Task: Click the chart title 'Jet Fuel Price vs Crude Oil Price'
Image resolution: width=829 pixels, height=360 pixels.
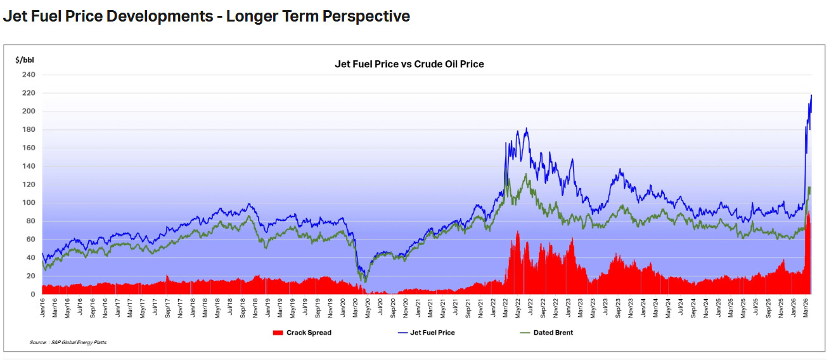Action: [x=409, y=64]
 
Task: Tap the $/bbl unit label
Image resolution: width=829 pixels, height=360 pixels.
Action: [x=25, y=60]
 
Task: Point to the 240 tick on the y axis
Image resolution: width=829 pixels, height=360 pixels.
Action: [x=29, y=75]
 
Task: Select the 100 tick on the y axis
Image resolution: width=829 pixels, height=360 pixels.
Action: [x=29, y=203]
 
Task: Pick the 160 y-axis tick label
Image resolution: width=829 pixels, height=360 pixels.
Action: [x=29, y=148]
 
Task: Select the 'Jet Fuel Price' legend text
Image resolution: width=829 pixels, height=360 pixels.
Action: [x=433, y=333]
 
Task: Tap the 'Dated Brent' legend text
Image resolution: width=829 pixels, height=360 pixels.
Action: [x=553, y=333]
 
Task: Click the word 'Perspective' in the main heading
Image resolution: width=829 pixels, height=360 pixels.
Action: [x=366, y=16]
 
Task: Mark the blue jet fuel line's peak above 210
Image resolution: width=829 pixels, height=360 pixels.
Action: [x=811, y=96]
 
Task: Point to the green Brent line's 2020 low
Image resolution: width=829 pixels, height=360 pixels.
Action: [x=366, y=281]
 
